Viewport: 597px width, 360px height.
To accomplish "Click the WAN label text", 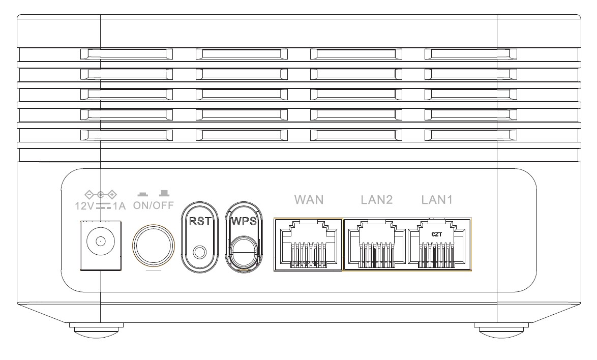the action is pyautogui.click(x=309, y=200).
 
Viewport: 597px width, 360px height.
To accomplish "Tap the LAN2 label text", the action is pyautogui.click(x=376, y=200).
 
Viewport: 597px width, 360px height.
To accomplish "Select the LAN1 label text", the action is pyautogui.click(x=437, y=200).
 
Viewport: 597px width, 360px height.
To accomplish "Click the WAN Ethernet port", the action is pyautogui.click(x=308, y=245).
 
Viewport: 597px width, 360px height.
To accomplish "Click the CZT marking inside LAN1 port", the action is pyautogui.click(x=437, y=234).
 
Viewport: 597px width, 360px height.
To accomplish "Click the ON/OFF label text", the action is pyautogui.click(x=153, y=205).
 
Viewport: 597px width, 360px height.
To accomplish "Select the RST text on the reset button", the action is pyautogui.click(x=200, y=221).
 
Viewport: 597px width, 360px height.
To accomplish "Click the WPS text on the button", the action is pyautogui.click(x=244, y=221).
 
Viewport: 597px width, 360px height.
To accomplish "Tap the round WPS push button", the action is pyautogui.click(x=244, y=251).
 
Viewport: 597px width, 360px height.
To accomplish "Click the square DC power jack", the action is pyautogui.click(x=101, y=246).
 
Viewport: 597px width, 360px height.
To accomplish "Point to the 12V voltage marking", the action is pyautogui.click(x=84, y=206).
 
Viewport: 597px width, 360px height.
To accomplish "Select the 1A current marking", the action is pyautogui.click(x=119, y=206).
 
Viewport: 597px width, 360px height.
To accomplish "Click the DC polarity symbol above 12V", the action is pyautogui.click(x=101, y=195).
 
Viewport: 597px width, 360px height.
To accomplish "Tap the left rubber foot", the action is pyautogui.click(x=96, y=329).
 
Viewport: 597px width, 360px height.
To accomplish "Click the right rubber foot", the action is pyautogui.click(x=501, y=329).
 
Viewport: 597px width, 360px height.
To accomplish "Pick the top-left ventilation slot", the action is pyautogui.click(x=127, y=54).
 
